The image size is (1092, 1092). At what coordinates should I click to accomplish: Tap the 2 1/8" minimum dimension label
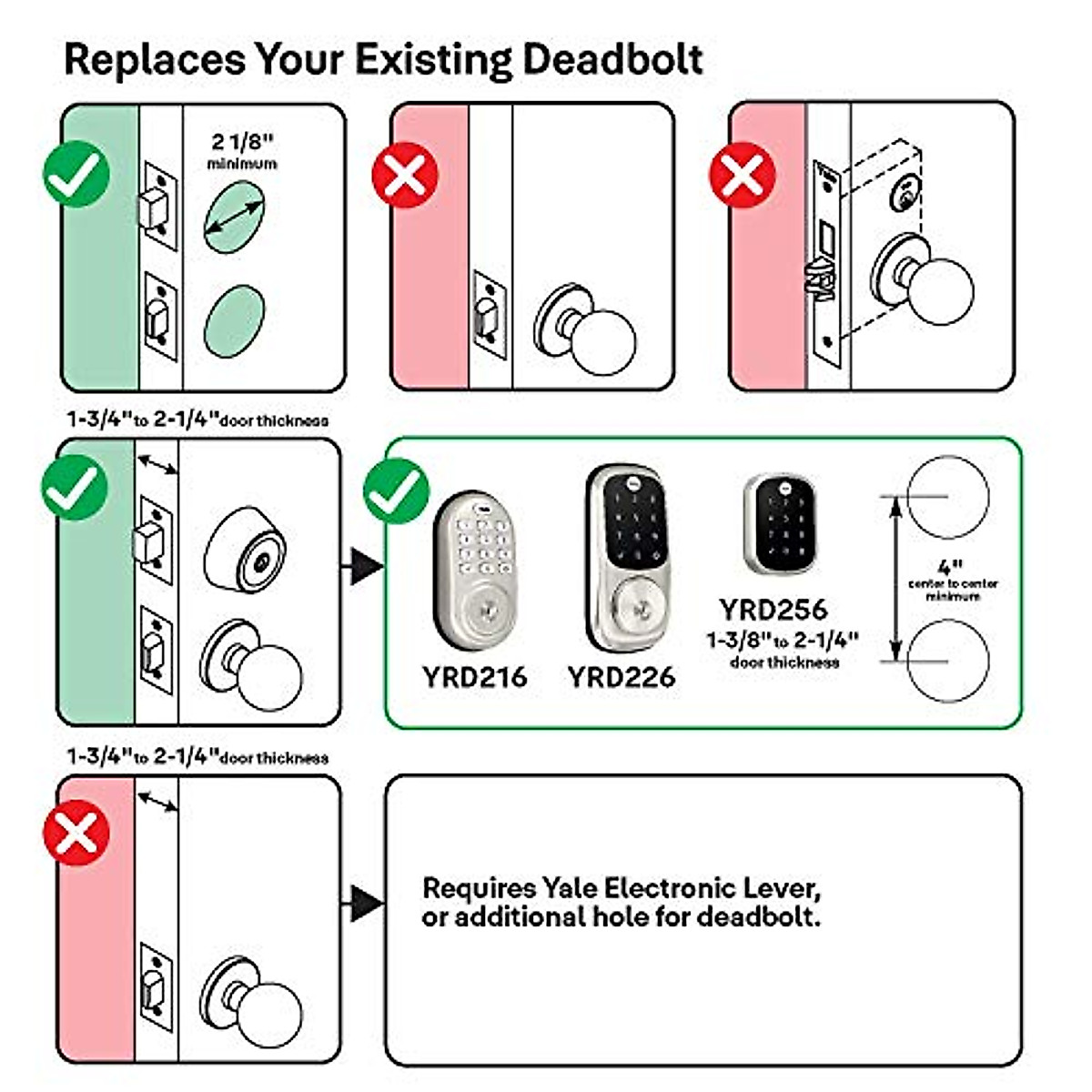242,151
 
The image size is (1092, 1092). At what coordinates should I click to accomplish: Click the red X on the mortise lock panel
742,174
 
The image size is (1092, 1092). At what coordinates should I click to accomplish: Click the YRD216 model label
474,677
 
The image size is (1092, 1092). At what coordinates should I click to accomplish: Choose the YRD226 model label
622,677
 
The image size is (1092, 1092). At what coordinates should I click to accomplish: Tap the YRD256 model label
773,609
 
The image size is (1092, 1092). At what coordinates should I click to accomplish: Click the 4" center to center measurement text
952,579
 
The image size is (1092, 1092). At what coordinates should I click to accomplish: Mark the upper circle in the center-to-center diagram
947,497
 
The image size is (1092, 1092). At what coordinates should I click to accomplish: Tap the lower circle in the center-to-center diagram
947,662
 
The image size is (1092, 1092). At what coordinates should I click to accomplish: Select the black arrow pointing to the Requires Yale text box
364,903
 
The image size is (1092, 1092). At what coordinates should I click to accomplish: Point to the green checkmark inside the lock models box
396,491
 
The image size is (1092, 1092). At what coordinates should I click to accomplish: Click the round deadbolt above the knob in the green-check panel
244,550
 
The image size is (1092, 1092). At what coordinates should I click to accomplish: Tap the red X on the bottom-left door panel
76,832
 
